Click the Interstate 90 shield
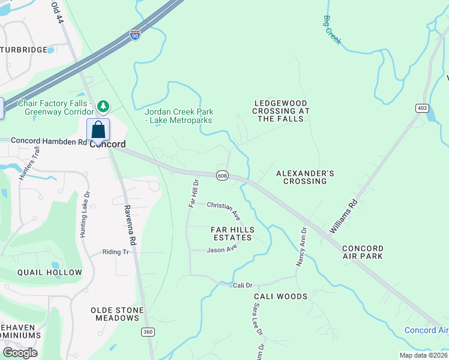135,34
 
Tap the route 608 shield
223,175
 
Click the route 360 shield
147,332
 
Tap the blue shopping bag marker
98,130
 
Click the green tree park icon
104,106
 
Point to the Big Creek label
332,30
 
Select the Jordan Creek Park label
179,116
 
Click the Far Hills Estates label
232,234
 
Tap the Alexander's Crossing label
304,177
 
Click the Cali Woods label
280,296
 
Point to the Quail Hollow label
49,272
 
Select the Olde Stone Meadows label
117,314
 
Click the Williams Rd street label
343,217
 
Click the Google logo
20,352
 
